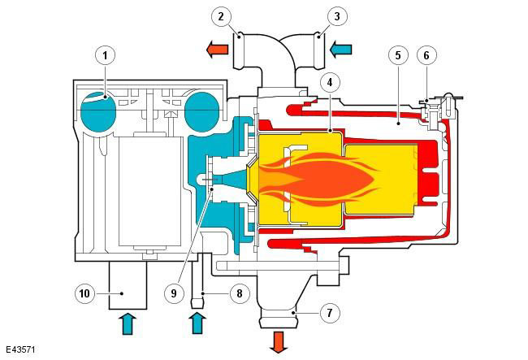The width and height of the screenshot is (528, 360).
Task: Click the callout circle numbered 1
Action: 106,55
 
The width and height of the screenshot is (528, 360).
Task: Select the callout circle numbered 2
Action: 221,16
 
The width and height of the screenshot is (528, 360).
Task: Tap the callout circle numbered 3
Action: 337,16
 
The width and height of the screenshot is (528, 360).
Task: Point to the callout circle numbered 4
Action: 329,82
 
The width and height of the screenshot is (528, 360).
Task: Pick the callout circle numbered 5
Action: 398,55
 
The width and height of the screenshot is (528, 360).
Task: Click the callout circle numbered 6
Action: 426,55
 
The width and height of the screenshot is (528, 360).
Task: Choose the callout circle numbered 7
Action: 330,313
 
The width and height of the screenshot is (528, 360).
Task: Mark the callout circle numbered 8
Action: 239,293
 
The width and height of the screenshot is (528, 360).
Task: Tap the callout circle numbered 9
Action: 174,293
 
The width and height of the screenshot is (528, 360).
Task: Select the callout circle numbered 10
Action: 84,293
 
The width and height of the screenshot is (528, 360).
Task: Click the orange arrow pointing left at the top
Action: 217,50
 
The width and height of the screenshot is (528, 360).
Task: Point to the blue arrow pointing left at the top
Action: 340,50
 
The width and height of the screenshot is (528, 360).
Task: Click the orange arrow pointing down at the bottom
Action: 279,342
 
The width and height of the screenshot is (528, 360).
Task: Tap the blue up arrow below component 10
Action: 128,323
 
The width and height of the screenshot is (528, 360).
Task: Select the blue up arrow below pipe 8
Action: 197,323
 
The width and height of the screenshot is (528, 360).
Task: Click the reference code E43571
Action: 20,349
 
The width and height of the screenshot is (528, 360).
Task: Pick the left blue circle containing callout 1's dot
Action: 98,112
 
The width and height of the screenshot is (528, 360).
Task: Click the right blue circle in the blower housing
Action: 202,112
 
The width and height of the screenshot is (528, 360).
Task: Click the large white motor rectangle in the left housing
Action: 149,191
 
